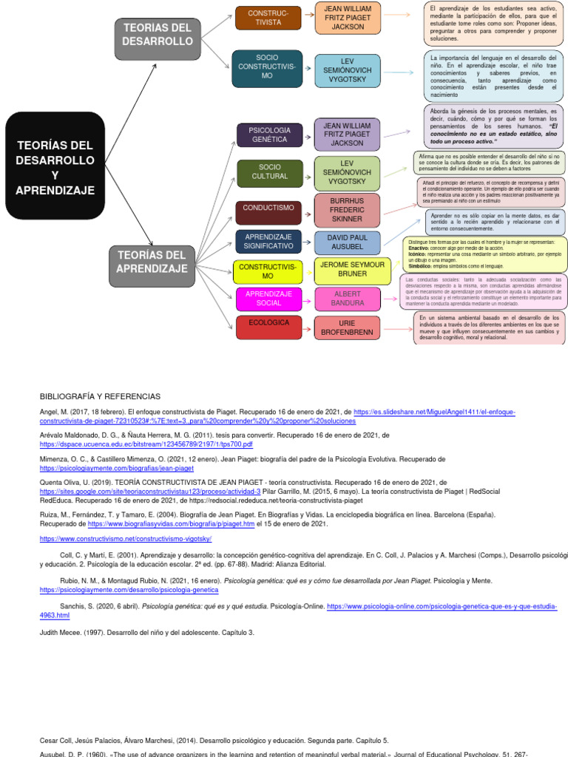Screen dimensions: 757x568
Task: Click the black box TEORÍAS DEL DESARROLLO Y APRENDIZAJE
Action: (x=55, y=166)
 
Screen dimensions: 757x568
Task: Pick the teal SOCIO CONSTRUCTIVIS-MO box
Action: (x=267, y=65)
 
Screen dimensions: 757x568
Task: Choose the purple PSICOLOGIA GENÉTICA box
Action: (x=270, y=135)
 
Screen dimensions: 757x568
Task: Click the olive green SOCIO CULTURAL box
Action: (x=269, y=173)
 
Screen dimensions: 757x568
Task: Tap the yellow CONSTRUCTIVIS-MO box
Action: (x=268, y=271)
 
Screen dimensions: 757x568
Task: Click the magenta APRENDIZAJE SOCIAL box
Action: (x=269, y=298)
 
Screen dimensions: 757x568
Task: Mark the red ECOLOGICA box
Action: (x=269, y=326)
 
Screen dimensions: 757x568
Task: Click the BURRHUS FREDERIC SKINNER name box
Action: (x=347, y=210)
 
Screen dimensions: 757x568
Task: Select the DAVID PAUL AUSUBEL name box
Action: (x=347, y=242)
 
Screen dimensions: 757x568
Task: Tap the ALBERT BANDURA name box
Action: (x=348, y=298)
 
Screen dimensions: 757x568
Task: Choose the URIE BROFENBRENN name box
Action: (x=347, y=327)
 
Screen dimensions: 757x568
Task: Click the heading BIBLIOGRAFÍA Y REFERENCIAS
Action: (x=100, y=397)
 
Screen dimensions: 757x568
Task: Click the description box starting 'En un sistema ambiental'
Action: (x=489, y=327)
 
